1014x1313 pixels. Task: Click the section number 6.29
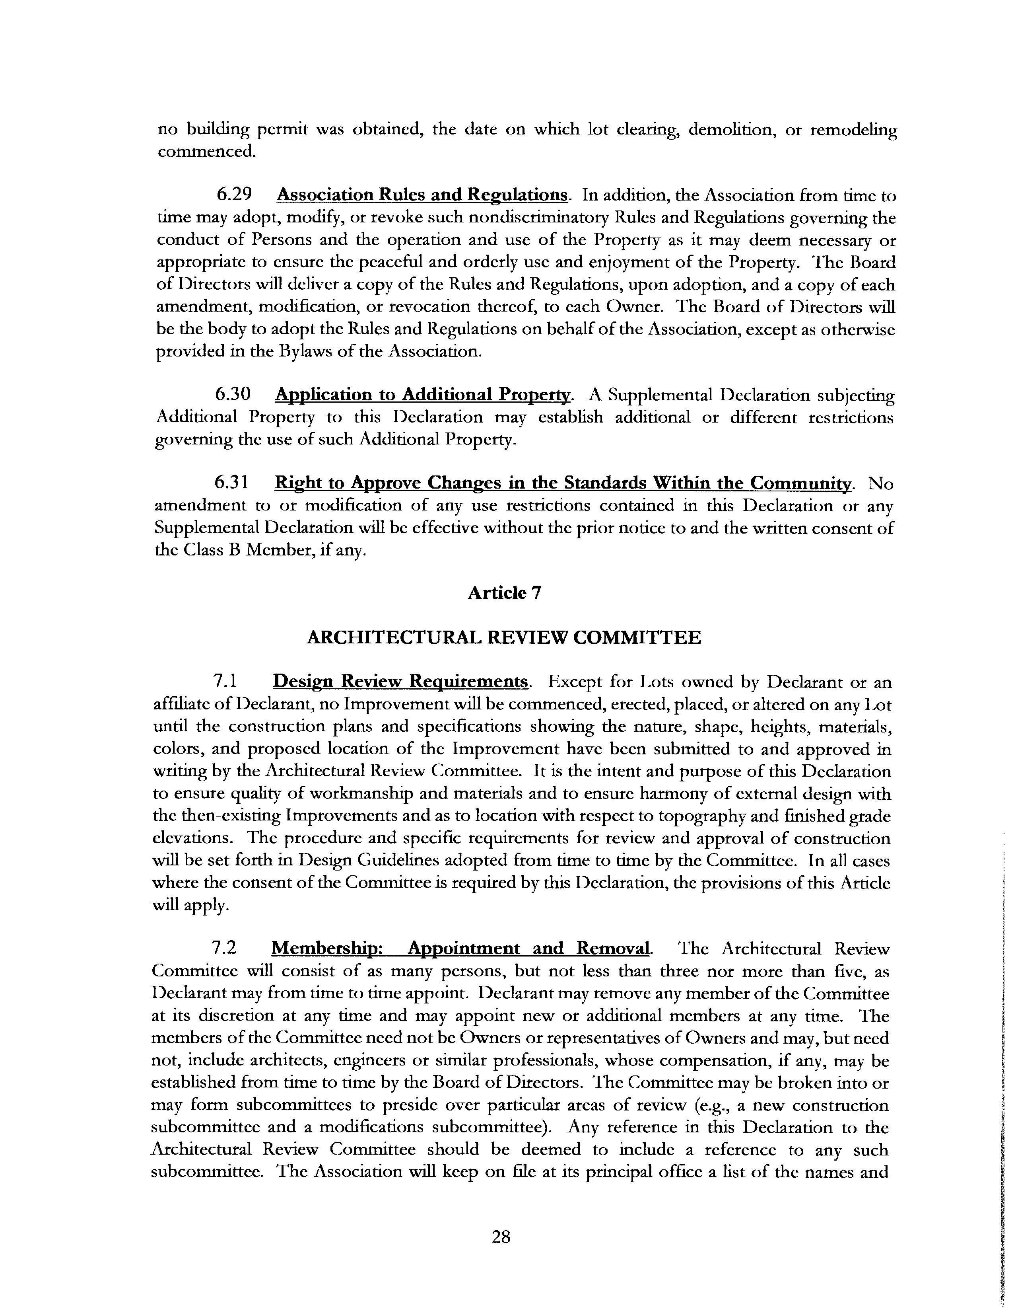point(234,195)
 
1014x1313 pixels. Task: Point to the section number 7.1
point(225,681)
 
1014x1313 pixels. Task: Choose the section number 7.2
point(224,948)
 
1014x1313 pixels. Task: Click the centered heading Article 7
point(505,593)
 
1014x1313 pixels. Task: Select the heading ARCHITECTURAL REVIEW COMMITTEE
point(503,637)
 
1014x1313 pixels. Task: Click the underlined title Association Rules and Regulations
point(422,195)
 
